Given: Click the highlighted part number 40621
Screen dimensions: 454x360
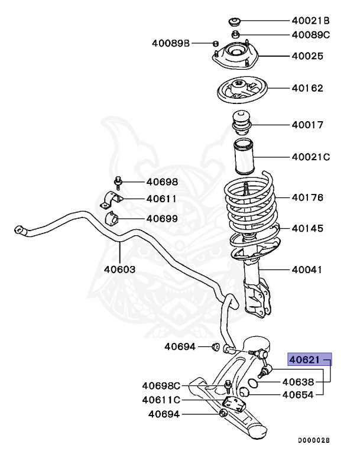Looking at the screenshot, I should pyautogui.click(x=306, y=358).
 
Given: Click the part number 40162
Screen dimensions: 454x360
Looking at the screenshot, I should pyautogui.click(x=307, y=89).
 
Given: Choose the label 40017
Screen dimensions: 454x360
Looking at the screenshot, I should pyautogui.click(x=307, y=125).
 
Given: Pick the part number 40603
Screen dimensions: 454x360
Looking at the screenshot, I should pyautogui.click(x=119, y=269).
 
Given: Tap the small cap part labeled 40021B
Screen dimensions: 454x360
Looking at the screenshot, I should pyautogui.click(x=235, y=22).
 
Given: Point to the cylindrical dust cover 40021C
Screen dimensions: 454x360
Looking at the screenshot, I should pyautogui.click(x=243, y=157).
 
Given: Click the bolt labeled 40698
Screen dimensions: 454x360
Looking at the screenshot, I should pyautogui.click(x=118, y=183).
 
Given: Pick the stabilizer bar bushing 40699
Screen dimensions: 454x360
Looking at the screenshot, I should pyautogui.click(x=112, y=219).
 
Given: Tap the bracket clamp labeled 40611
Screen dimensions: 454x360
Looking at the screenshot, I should pyautogui.click(x=111, y=200).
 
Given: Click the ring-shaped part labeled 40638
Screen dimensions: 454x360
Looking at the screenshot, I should pyautogui.click(x=253, y=382).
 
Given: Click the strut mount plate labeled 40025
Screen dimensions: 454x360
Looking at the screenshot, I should pyautogui.click(x=236, y=59).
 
